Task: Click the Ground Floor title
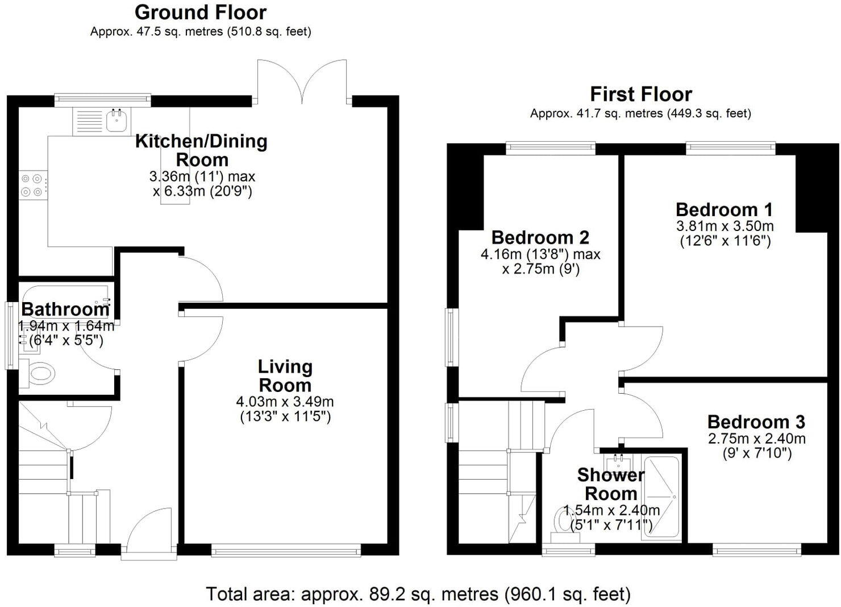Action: click(200, 12)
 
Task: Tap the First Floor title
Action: click(640, 94)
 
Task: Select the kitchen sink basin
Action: click(117, 121)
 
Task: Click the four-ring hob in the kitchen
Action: click(34, 185)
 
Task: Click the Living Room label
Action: click(285, 376)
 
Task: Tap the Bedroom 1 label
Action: click(724, 209)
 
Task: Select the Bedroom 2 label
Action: click(540, 237)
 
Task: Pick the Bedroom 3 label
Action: click(756, 422)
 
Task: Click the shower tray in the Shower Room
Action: click(661, 497)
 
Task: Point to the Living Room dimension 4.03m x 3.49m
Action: click(285, 402)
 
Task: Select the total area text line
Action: click(418, 594)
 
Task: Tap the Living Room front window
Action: click(286, 550)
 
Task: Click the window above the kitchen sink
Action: click(103, 100)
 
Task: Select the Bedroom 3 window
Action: click(756, 550)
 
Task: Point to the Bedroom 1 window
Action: click(730, 148)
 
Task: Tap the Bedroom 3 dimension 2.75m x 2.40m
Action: click(756, 439)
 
